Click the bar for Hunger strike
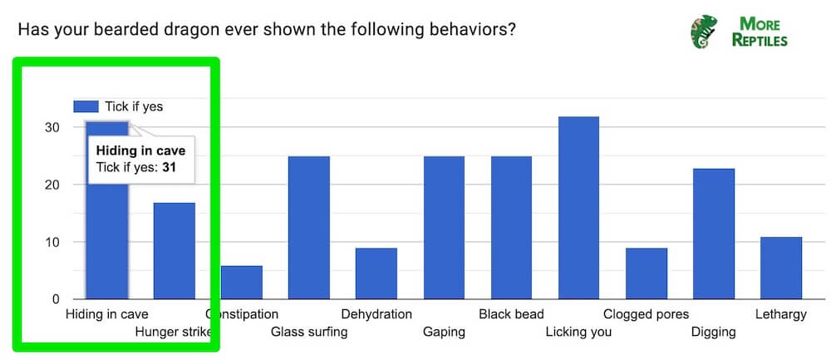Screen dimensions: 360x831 175,250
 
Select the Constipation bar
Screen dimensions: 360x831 242,283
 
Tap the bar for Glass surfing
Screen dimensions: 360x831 309,227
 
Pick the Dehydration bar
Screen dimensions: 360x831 376,274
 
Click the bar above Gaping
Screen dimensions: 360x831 444,227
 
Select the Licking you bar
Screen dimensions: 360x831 578,208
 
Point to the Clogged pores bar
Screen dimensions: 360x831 646,274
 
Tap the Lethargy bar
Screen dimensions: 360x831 781,268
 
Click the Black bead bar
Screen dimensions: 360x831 511,227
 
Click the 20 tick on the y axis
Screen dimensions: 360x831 52,185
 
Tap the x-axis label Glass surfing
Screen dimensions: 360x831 309,333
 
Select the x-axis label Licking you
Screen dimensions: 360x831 578,333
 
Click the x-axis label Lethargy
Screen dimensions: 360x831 781,314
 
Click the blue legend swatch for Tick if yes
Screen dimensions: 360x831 86,106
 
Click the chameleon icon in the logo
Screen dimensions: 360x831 703,31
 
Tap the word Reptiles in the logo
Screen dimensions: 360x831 760,40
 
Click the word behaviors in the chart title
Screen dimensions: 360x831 470,30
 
